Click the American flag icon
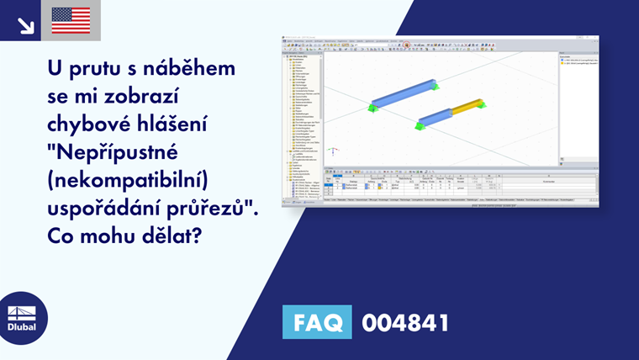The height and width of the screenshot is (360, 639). [x=71, y=20]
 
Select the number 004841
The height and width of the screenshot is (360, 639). [x=405, y=322]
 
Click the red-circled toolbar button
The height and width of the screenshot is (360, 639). [x=406, y=45]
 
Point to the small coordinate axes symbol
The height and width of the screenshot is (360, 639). [x=334, y=152]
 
